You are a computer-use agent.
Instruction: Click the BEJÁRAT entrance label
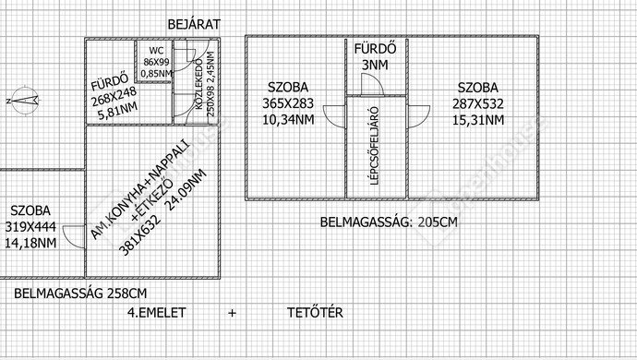click(195, 24)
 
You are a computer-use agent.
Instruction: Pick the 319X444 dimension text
click(30, 227)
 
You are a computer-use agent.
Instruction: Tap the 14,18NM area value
click(30, 243)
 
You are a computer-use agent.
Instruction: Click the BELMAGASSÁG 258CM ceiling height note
click(80, 294)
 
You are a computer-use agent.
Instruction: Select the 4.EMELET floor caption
click(156, 313)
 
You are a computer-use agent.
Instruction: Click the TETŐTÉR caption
click(315, 313)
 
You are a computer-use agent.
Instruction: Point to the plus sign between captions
click(232, 313)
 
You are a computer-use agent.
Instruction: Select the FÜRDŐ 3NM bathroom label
click(376, 55)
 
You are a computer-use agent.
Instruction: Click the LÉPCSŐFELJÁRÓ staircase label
click(376, 146)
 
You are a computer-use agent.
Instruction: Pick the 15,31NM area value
click(478, 120)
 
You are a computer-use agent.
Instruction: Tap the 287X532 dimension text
click(478, 104)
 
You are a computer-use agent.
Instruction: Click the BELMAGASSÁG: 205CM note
click(388, 222)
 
